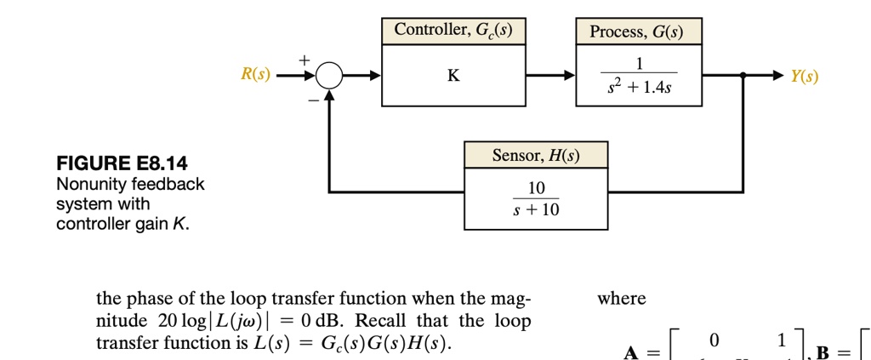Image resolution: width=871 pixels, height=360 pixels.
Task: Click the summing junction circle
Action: click(x=329, y=77)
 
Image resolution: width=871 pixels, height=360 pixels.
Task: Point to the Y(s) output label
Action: click(x=804, y=77)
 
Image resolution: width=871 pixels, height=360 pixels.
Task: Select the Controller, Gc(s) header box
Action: click(x=453, y=31)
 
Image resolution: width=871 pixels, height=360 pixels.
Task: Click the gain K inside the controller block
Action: click(x=453, y=76)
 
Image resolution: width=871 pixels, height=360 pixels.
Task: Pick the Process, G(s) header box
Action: click(x=639, y=31)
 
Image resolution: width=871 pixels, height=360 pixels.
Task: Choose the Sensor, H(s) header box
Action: click(x=536, y=155)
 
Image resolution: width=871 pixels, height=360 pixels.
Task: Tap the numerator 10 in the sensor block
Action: click(x=537, y=187)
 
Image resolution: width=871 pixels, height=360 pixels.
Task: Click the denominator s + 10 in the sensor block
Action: click(x=537, y=209)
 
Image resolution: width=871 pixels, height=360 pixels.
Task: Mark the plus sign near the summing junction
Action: click(x=303, y=60)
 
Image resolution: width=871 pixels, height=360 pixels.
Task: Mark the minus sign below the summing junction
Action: click(x=312, y=100)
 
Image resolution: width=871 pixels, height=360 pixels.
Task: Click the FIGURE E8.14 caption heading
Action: click(x=122, y=163)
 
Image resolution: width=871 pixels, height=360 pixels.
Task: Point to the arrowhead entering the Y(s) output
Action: click(x=778, y=76)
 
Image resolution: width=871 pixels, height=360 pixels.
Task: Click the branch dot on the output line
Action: click(x=743, y=76)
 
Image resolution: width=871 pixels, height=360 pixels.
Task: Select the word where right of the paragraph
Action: click(x=622, y=299)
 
